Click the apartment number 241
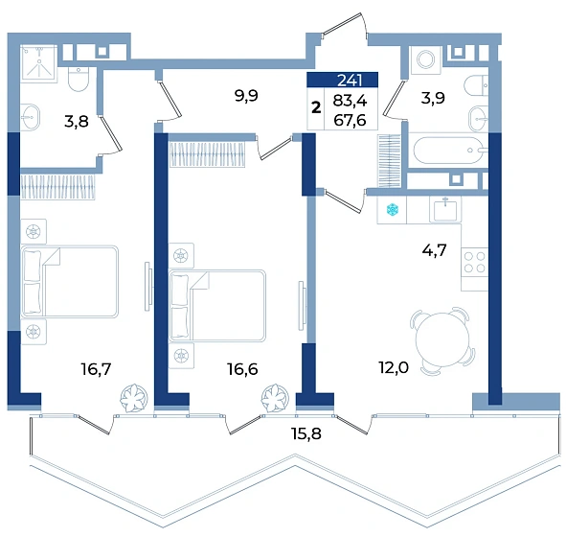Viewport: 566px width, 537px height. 350,80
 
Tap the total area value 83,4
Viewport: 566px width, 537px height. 350,101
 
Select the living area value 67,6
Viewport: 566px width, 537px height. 350,120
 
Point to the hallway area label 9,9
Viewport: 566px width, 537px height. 246,96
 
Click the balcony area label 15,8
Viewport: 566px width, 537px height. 306,433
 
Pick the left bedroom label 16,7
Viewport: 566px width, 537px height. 96,369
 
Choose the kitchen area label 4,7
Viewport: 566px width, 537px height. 434,249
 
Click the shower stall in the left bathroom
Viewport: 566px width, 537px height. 38,63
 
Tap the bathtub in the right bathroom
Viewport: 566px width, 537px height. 448,150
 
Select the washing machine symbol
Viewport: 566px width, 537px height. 425,59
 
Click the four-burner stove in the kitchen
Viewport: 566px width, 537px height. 475,262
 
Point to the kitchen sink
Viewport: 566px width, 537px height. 445,210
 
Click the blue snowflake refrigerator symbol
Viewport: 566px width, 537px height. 392,209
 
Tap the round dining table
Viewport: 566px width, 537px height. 442,340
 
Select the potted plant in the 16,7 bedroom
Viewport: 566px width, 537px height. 134,398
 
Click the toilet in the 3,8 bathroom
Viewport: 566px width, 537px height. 78,80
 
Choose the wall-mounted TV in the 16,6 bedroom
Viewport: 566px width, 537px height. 301,306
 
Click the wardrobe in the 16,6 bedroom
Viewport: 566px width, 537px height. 207,154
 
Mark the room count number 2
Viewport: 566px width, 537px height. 316,107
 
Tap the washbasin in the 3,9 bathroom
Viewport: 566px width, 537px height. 478,119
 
